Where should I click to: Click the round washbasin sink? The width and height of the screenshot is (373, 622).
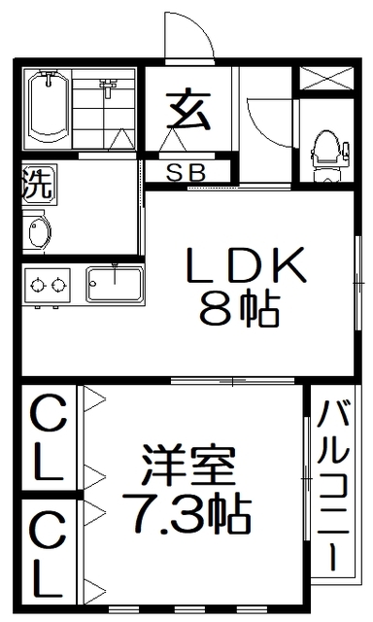click(38, 234)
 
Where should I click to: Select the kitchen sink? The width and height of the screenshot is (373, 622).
click(115, 284)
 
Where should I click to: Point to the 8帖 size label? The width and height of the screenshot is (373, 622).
click(240, 310)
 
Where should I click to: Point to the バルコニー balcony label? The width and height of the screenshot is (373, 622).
click(333, 486)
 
